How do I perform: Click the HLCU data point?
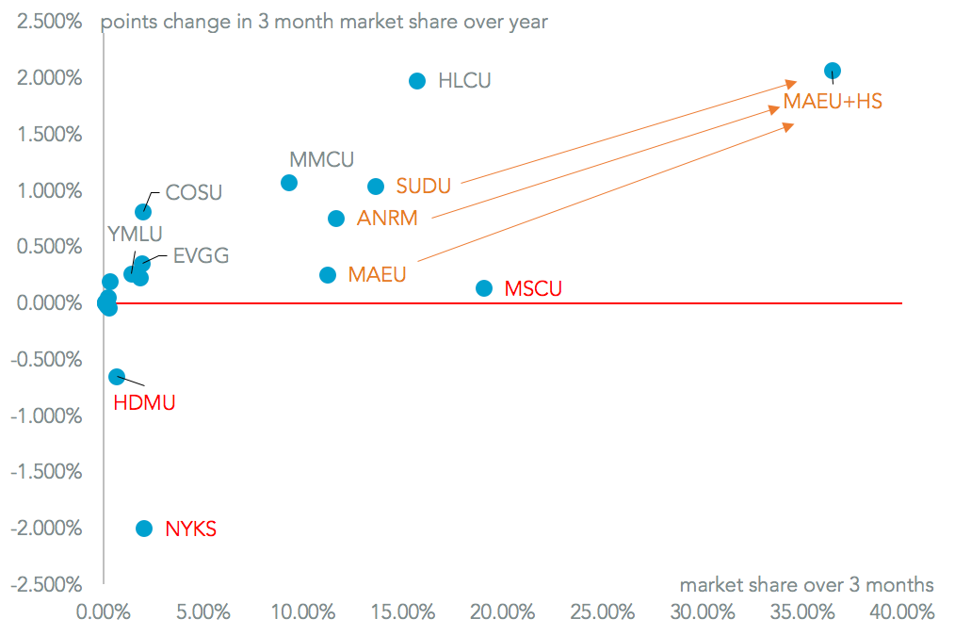(x=417, y=81)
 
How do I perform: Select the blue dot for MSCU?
(x=484, y=288)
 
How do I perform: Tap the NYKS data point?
(x=144, y=529)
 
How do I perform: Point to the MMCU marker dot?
(x=289, y=183)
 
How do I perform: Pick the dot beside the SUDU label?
(x=376, y=187)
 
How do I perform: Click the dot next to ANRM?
(x=336, y=219)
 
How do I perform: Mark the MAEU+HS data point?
(x=833, y=71)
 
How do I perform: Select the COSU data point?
(x=143, y=212)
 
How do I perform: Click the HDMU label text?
(x=144, y=403)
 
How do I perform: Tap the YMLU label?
(x=136, y=234)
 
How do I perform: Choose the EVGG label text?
(x=201, y=255)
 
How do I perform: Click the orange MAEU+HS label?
(x=833, y=101)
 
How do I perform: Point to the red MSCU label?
(x=533, y=289)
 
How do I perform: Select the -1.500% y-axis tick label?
(x=43, y=472)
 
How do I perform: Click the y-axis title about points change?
(x=324, y=22)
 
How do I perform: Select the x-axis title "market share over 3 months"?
(x=806, y=584)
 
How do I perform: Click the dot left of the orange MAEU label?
(x=328, y=275)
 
